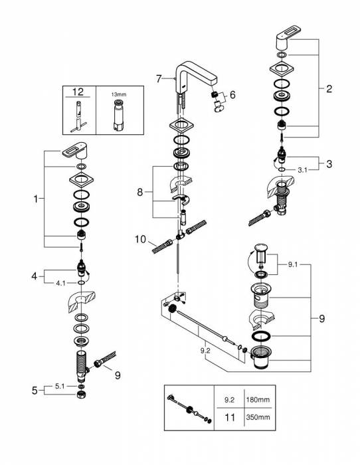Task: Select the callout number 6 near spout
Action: (233, 95)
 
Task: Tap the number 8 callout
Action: (141, 192)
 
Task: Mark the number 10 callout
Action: (139, 238)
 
